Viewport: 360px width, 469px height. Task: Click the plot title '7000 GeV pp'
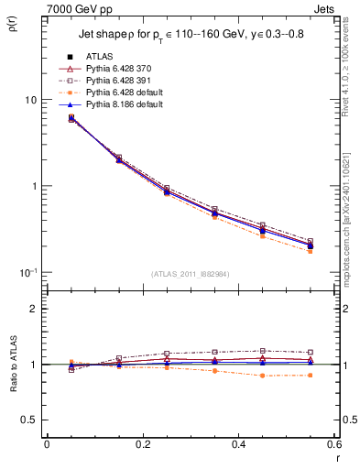coord(73,8)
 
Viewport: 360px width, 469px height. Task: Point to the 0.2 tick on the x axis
coord(142,444)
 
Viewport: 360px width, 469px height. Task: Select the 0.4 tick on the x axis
coord(238,444)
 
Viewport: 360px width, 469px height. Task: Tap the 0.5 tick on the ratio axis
coord(31,420)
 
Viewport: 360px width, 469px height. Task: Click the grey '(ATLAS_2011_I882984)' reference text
coord(190,274)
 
